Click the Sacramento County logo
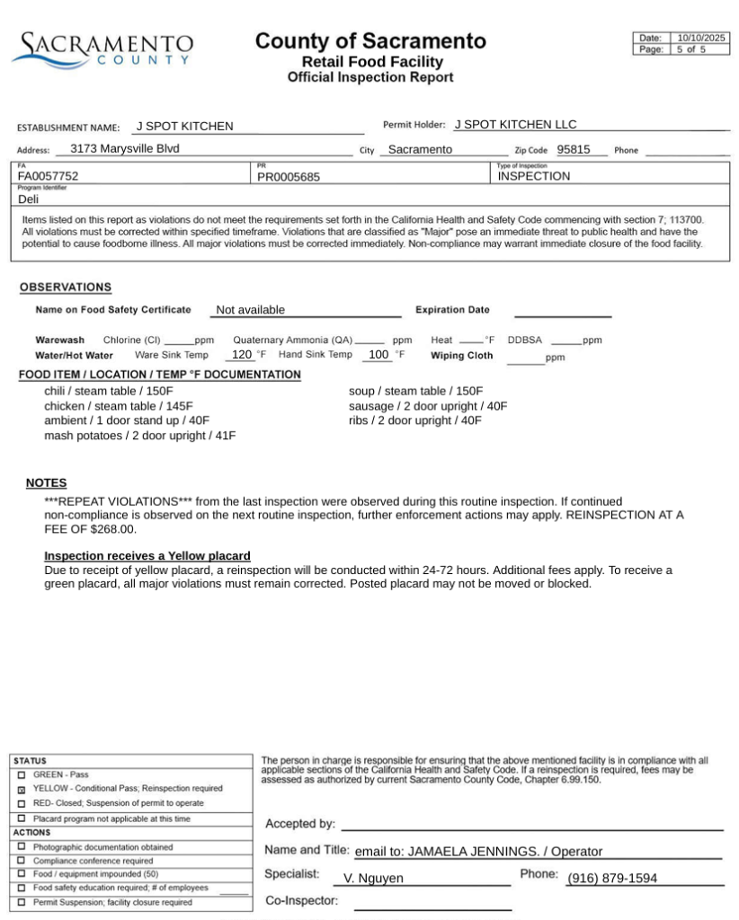pos(102,49)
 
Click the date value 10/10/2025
pos(700,38)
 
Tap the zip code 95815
pos(573,149)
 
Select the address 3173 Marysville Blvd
pos(124,148)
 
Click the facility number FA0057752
pos(49,177)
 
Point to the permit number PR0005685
pos(288,177)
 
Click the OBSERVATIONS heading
pos(66,287)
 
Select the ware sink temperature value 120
pos(242,355)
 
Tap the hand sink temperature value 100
pos(378,355)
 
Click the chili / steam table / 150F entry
pos(109,391)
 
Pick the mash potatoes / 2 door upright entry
pos(139,436)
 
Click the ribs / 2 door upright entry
pos(414,420)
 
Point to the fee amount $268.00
pos(111,529)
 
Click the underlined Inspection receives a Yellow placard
pos(147,556)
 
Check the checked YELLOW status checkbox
pos(22,789)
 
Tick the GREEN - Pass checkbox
pos(22,774)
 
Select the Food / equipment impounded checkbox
pos(22,874)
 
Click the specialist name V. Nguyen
pos(373,879)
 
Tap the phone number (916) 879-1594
pos(611,879)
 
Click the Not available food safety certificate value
pos(250,310)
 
